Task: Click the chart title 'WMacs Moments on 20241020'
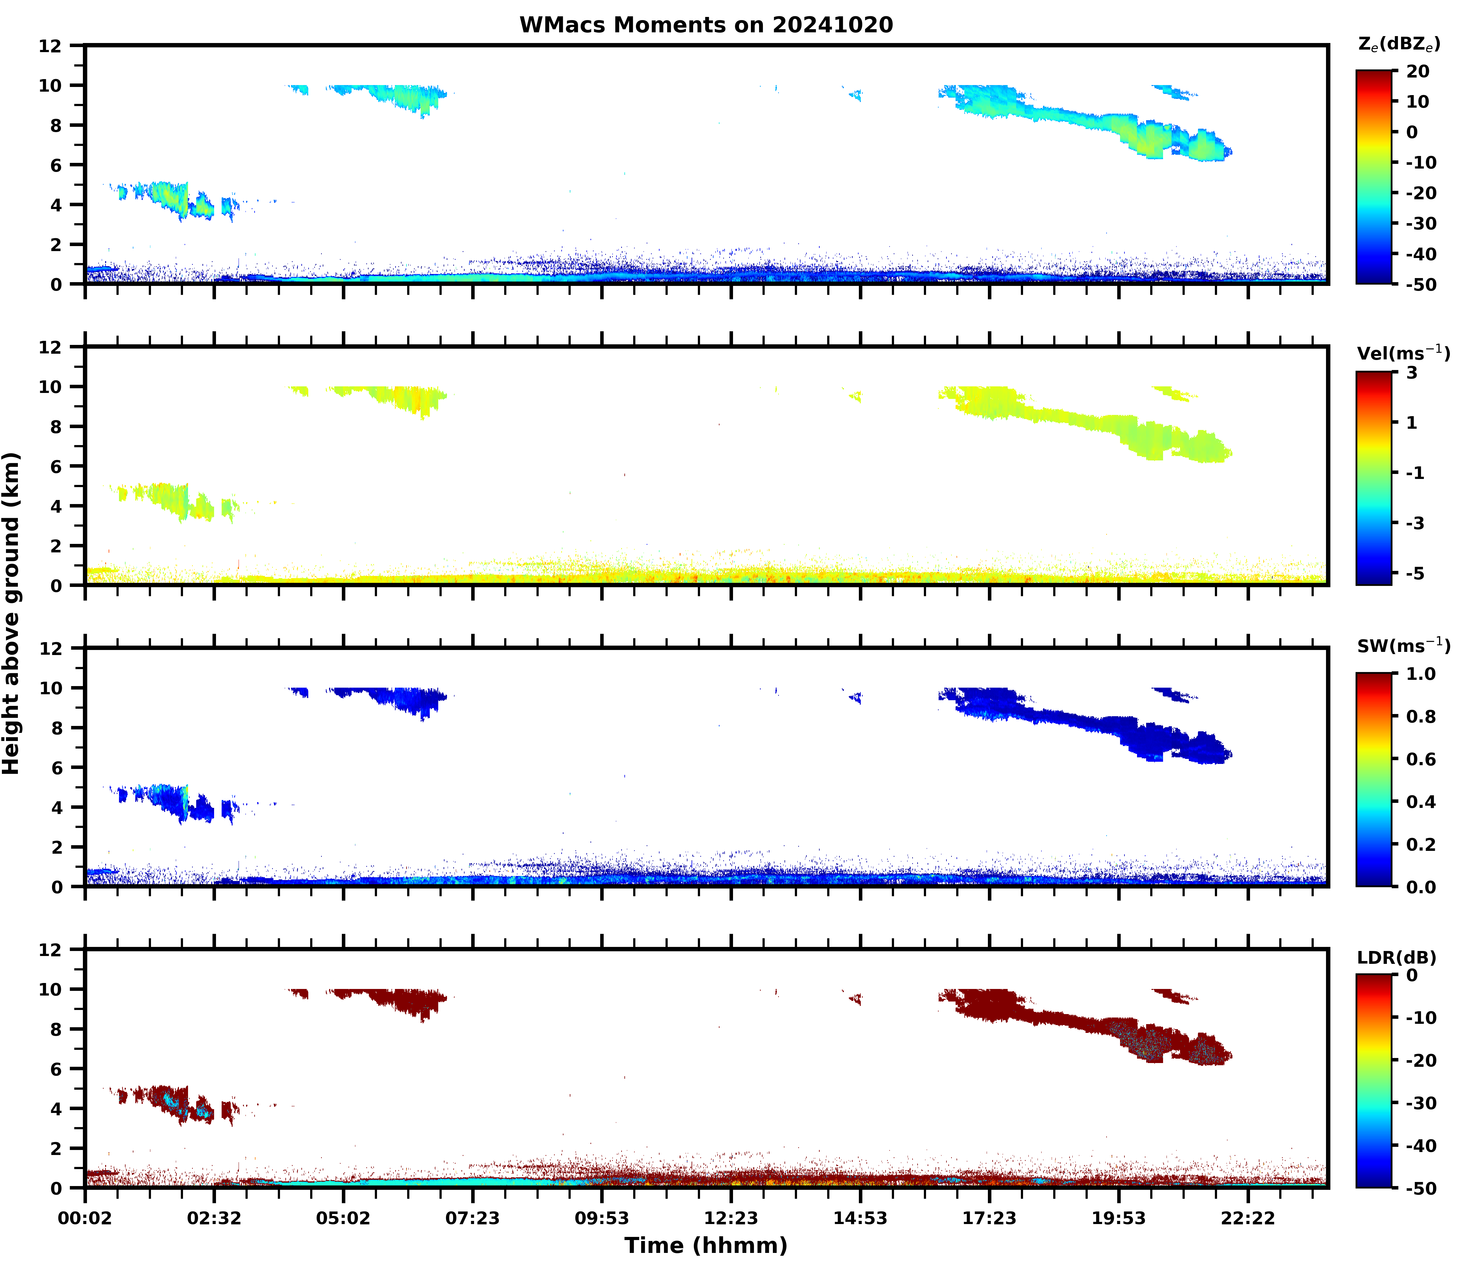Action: click(x=706, y=25)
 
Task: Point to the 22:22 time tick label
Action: click(x=1248, y=1218)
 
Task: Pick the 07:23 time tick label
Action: click(x=472, y=1218)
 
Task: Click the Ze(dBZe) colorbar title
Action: click(x=1399, y=44)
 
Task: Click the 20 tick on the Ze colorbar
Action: click(x=1417, y=72)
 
